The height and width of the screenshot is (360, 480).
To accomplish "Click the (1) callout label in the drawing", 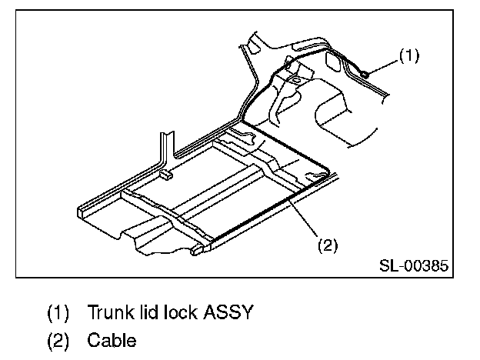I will [408, 56].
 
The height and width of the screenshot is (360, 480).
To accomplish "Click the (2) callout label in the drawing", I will [328, 245].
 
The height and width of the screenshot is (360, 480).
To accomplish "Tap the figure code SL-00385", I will [414, 265].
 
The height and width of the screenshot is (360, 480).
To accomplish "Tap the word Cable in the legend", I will [112, 338].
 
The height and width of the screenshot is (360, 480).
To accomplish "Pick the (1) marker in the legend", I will [58, 313].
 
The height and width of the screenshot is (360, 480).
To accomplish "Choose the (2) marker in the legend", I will [58, 338].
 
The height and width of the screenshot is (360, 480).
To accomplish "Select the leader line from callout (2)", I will [308, 221].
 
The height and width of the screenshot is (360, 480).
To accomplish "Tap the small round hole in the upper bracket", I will [295, 77].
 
